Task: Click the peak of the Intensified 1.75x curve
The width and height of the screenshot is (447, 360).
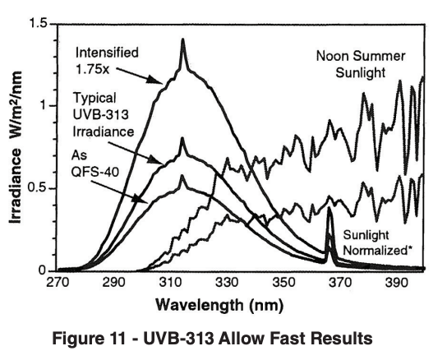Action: [182, 40]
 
